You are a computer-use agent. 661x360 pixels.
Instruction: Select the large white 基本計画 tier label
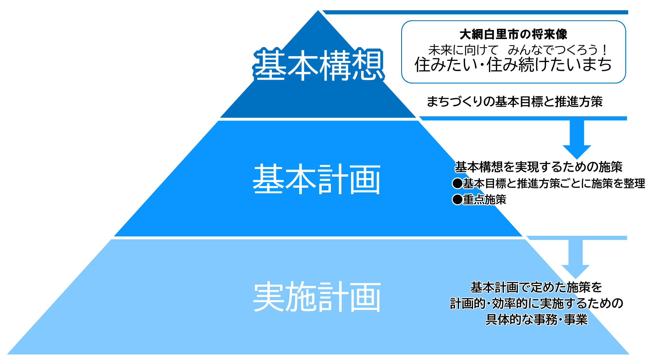[x=316, y=179]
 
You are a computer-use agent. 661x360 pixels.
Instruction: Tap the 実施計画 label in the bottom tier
[x=317, y=297]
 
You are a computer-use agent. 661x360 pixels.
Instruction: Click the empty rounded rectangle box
[x=513, y=52]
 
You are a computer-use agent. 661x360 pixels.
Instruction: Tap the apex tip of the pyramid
[x=318, y=9]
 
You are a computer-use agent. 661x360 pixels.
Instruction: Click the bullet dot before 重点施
[x=457, y=200]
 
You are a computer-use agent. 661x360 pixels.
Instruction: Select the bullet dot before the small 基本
[x=457, y=184]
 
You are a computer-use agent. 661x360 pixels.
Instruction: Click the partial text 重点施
[x=479, y=200]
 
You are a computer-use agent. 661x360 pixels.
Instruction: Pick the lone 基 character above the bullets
[x=461, y=167]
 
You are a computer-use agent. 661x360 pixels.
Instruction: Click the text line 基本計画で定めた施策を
[x=536, y=287]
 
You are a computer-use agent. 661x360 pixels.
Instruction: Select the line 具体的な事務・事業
[x=536, y=319]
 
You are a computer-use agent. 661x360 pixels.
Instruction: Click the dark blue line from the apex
[x=475, y=12]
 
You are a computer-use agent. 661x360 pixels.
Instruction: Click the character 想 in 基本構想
[x=367, y=65]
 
